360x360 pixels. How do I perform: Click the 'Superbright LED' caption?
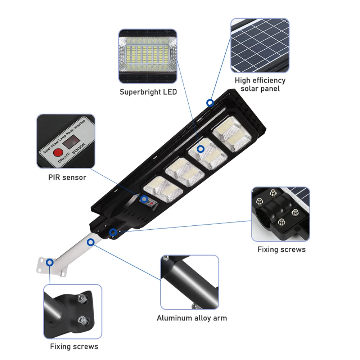[148, 92]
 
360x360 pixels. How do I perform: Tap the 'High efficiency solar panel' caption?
[260, 84]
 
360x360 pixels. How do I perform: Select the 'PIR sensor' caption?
[67, 177]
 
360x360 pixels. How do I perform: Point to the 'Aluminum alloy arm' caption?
[192, 318]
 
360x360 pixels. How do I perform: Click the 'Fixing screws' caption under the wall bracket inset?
[74, 347]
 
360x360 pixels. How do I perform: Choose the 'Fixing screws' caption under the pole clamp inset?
[282, 249]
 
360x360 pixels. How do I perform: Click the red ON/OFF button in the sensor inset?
[57, 153]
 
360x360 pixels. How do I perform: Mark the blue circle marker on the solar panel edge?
[210, 103]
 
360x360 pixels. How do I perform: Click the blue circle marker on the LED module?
[201, 148]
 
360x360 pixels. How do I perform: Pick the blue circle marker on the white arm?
[91, 242]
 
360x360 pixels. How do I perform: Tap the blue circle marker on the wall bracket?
[50, 262]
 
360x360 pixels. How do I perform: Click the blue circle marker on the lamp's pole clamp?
[113, 232]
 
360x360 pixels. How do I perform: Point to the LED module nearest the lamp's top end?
[227, 134]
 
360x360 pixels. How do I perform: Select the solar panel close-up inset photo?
[260, 45]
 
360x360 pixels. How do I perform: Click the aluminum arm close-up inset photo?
[189, 282]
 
